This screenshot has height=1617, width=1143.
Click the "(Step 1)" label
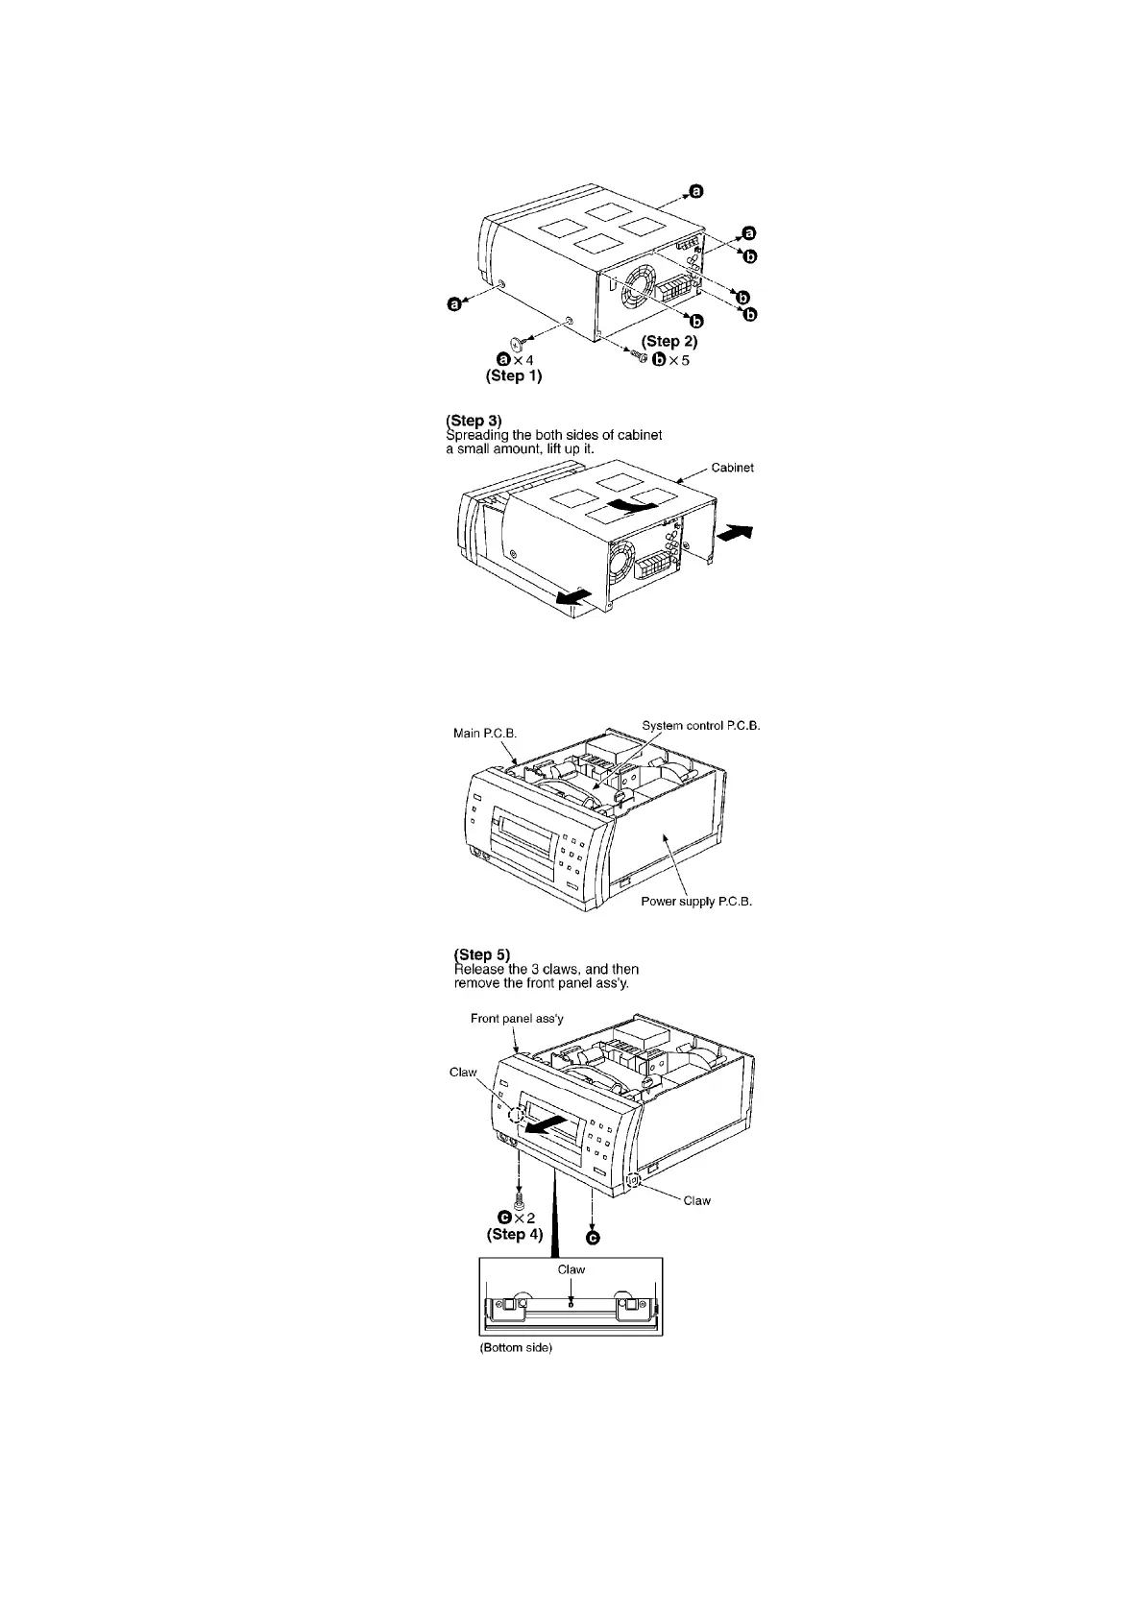pyautogui.click(x=513, y=376)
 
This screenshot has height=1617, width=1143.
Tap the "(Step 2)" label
pyautogui.click(x=669, y=341)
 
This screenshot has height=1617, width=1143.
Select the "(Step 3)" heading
pyautogui.click(x=474, y=421)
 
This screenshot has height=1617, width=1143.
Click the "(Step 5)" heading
pyautogui.click(x=481, y=954)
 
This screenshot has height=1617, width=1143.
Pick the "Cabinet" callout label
pyautogui.click(x=732, y=468)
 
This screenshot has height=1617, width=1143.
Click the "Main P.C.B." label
pyautogui.click(x=485, y=733)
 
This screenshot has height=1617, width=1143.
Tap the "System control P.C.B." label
pyautogui.click(x=700, y=725)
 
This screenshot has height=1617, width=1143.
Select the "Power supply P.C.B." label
pyautogui.click(x=696, y=902)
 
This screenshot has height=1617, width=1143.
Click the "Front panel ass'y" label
pyautogui.click(x=517, y=1018)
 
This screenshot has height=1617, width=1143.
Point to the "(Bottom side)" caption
pyautogui.click(x=516, y=1348)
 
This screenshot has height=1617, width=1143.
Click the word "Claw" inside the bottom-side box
pyautogui.click(x=571, y=1268)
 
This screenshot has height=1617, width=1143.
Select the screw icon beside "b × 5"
pyautogui.click(x=639, y=356)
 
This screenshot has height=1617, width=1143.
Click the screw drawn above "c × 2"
pyautogui.click(x=519, y=1199)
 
